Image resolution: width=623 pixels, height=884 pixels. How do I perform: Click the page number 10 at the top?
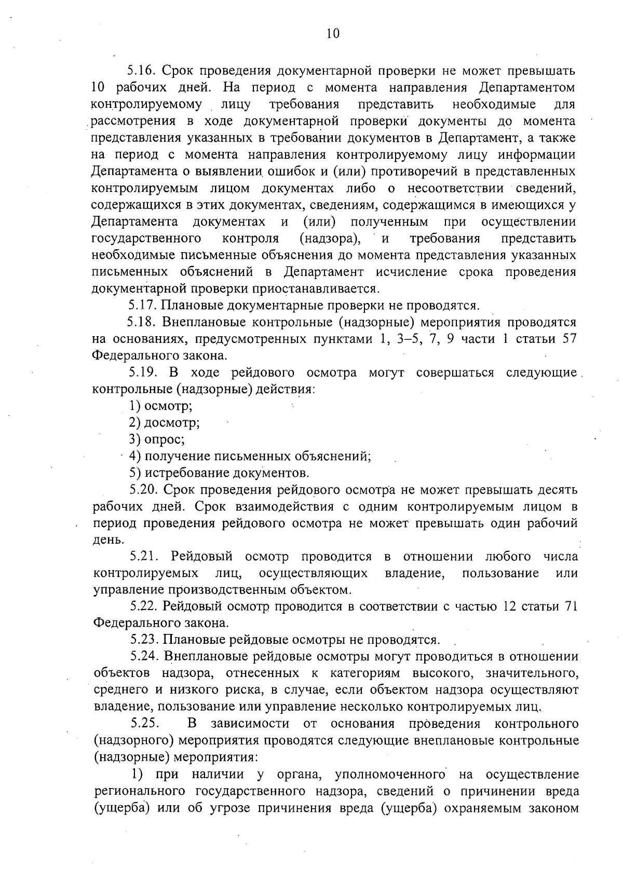333,33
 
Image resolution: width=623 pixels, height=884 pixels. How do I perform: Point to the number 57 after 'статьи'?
570,339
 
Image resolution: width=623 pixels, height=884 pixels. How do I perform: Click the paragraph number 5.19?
143,373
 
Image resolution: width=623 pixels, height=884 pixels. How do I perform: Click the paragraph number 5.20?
144,490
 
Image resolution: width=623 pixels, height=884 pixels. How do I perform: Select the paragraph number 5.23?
144,640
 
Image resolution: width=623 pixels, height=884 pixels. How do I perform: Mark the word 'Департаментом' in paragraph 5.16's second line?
527,87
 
